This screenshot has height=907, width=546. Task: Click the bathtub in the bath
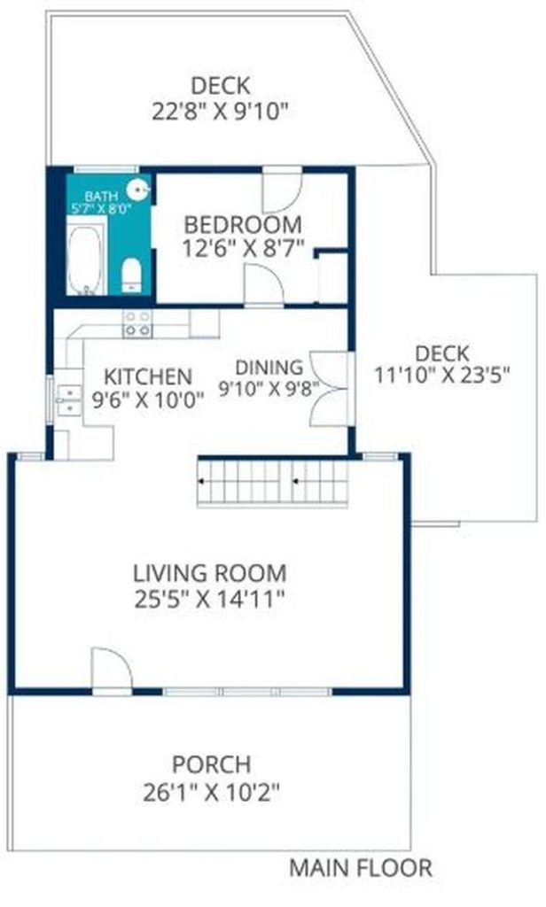tap(86, 260)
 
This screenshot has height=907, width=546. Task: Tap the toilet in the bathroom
tap(132, 275)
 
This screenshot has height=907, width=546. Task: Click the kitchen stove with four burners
tap(137, 323)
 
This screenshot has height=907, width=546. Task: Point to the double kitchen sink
tap(69, 399)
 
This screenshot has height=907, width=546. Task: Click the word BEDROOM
tap(243, 224)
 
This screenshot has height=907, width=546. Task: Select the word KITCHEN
tap(148, 376)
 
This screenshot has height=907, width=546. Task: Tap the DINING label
tap(269, 368)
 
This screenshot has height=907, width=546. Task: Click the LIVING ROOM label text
tap(209, 573)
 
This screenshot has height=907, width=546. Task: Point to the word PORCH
tap(211, 764)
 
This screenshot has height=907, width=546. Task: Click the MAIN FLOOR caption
tap(360, 868)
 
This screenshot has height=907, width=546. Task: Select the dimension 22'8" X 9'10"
tap(220, 111)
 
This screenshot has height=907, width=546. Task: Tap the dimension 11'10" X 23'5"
tap(441, 376)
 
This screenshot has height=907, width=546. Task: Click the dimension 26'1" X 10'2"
tap(211, 792)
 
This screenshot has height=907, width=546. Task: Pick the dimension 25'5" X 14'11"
tap(209, 600)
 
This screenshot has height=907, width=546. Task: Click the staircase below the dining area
tap(273, 482)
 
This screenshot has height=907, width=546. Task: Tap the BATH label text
tap(101, 197)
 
